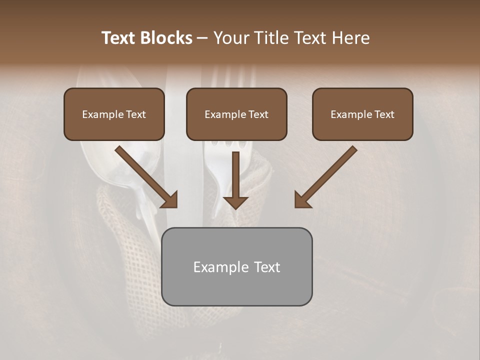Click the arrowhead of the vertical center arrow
[x=235, y=202]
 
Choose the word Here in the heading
[x=351, y=38]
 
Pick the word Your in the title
[x=230, y=38]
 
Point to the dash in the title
[x=202, y=38]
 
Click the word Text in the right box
[x=383, y=114]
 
